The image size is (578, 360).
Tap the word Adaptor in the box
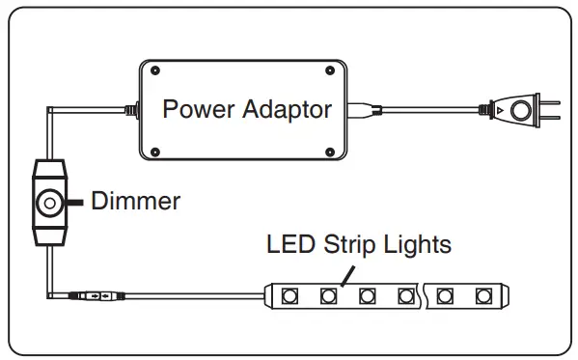coord(283,109)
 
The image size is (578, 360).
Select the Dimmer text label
coord(135,201)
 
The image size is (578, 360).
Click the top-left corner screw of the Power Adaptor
coord(153,70)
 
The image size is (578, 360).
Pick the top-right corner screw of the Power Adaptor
coord(331,70)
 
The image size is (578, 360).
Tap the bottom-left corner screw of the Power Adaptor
coord(153,152)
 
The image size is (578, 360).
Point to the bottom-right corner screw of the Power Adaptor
coord(331,152)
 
